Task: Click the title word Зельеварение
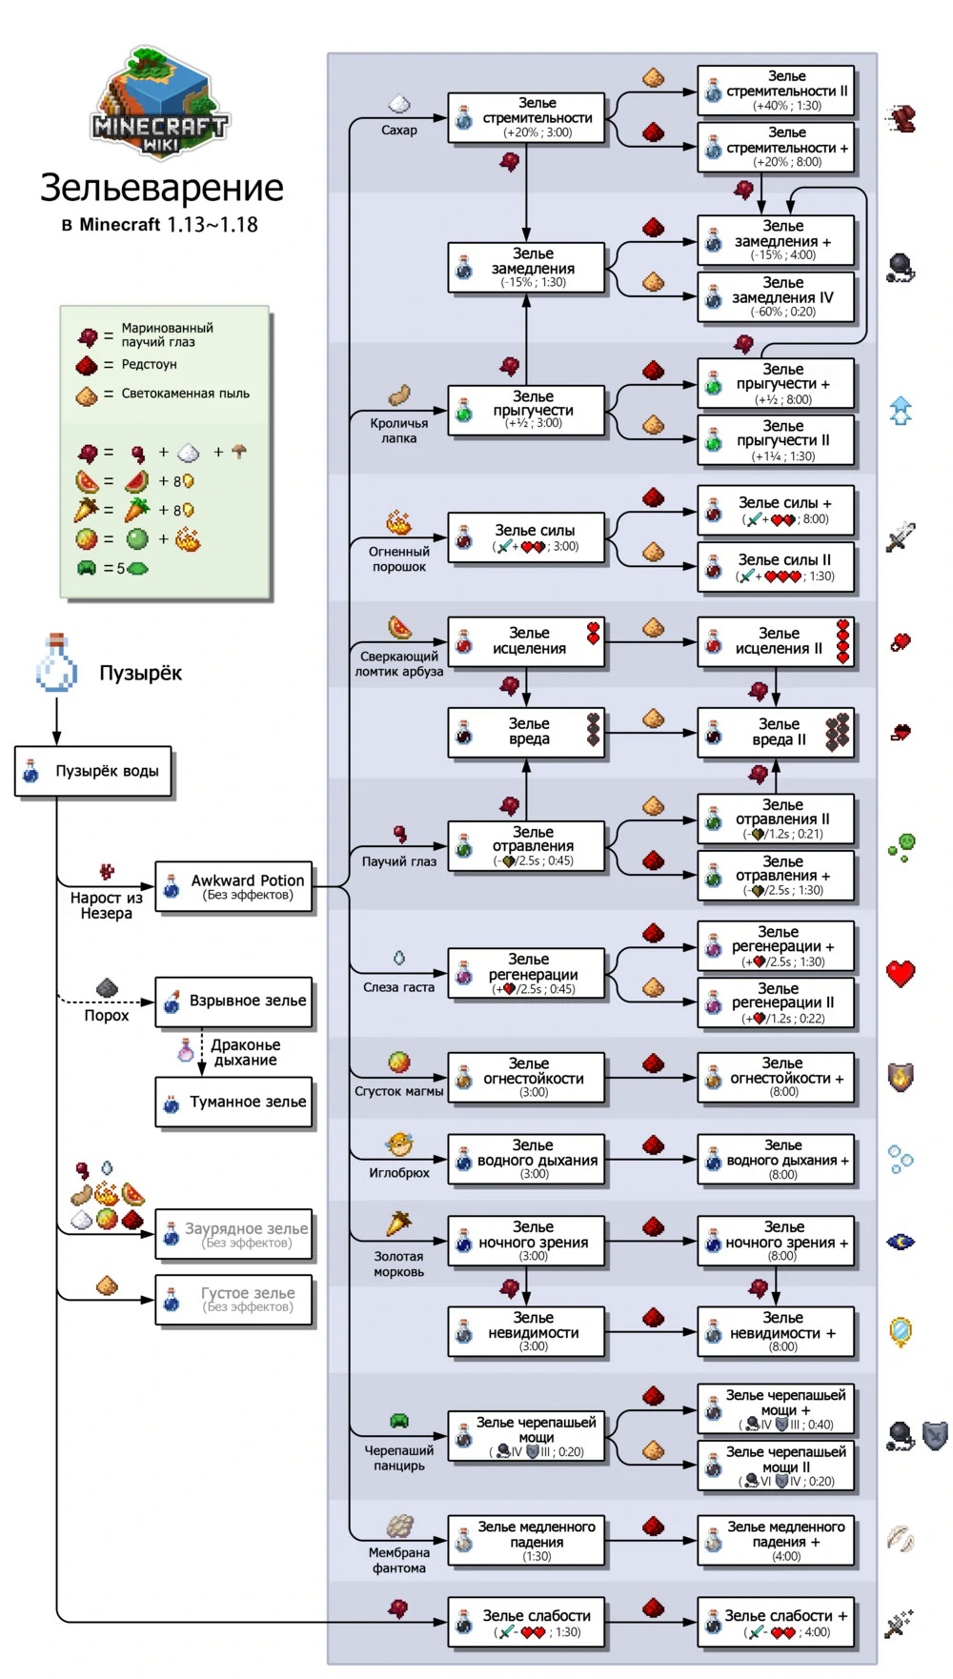[161, 188]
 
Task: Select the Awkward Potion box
[234, 886]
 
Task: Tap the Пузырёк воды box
[93, 771]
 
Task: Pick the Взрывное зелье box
[234, 1001]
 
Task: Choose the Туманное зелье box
[234, 1102]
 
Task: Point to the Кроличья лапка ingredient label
[398, 431]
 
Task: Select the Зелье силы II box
[776, 567]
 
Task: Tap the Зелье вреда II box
[776, 732]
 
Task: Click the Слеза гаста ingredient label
[398, 987]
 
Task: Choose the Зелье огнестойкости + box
[776, 1078]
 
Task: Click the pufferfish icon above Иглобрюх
[398, 1144]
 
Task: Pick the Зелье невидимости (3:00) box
[527, 1331]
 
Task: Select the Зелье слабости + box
[776, 1623]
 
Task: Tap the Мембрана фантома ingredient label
[398, 1560]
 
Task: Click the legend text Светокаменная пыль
[185, 394]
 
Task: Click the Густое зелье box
[234, 1299]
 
